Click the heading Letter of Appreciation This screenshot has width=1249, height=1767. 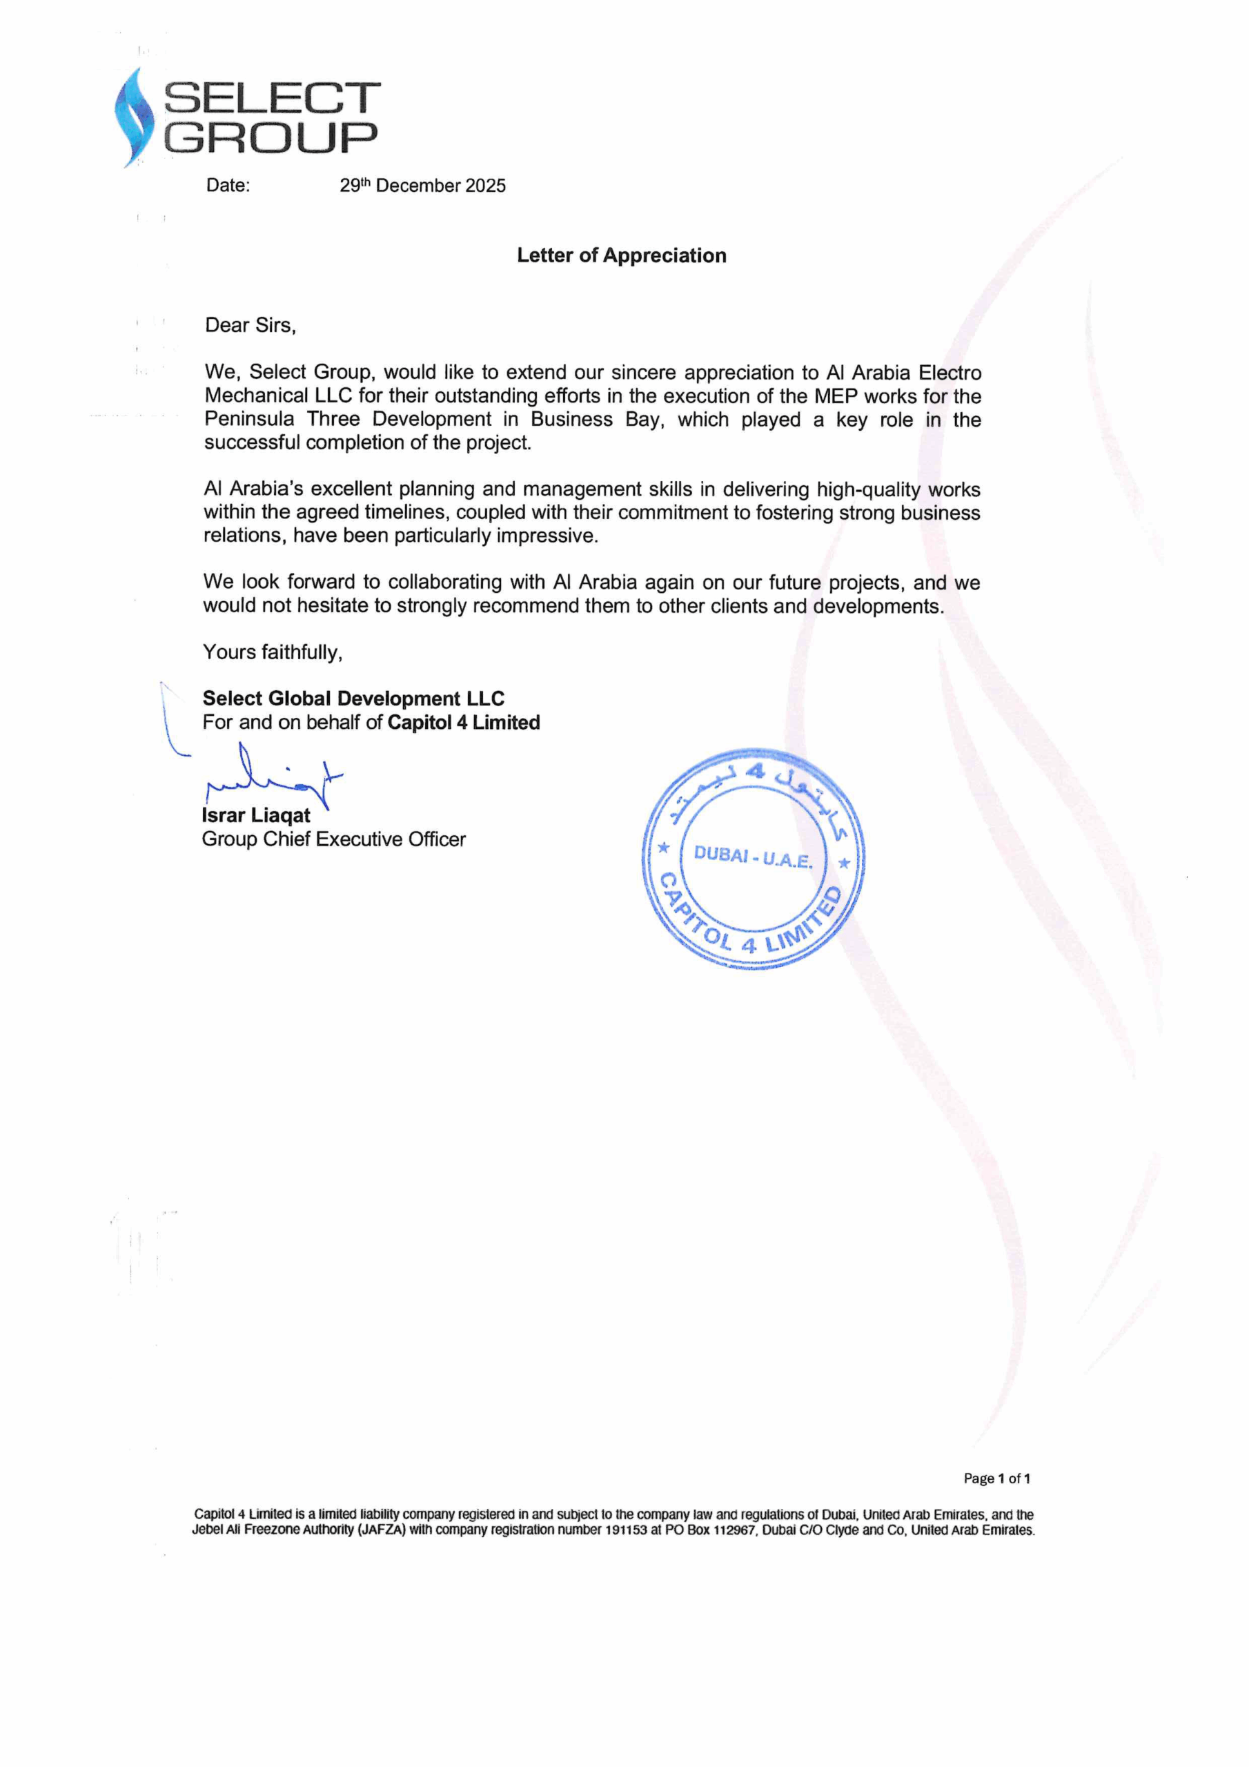621,255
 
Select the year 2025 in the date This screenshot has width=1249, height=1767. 485,186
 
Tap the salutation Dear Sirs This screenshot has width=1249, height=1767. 250,326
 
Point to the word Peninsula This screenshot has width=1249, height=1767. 248,420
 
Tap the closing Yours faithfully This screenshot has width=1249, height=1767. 273,653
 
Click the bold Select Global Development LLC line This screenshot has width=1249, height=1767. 353,699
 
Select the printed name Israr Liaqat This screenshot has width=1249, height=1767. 256,816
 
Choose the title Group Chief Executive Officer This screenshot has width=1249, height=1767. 333,839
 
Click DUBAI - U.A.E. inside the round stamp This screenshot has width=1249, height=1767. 753,857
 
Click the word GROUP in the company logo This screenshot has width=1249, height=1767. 271,137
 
